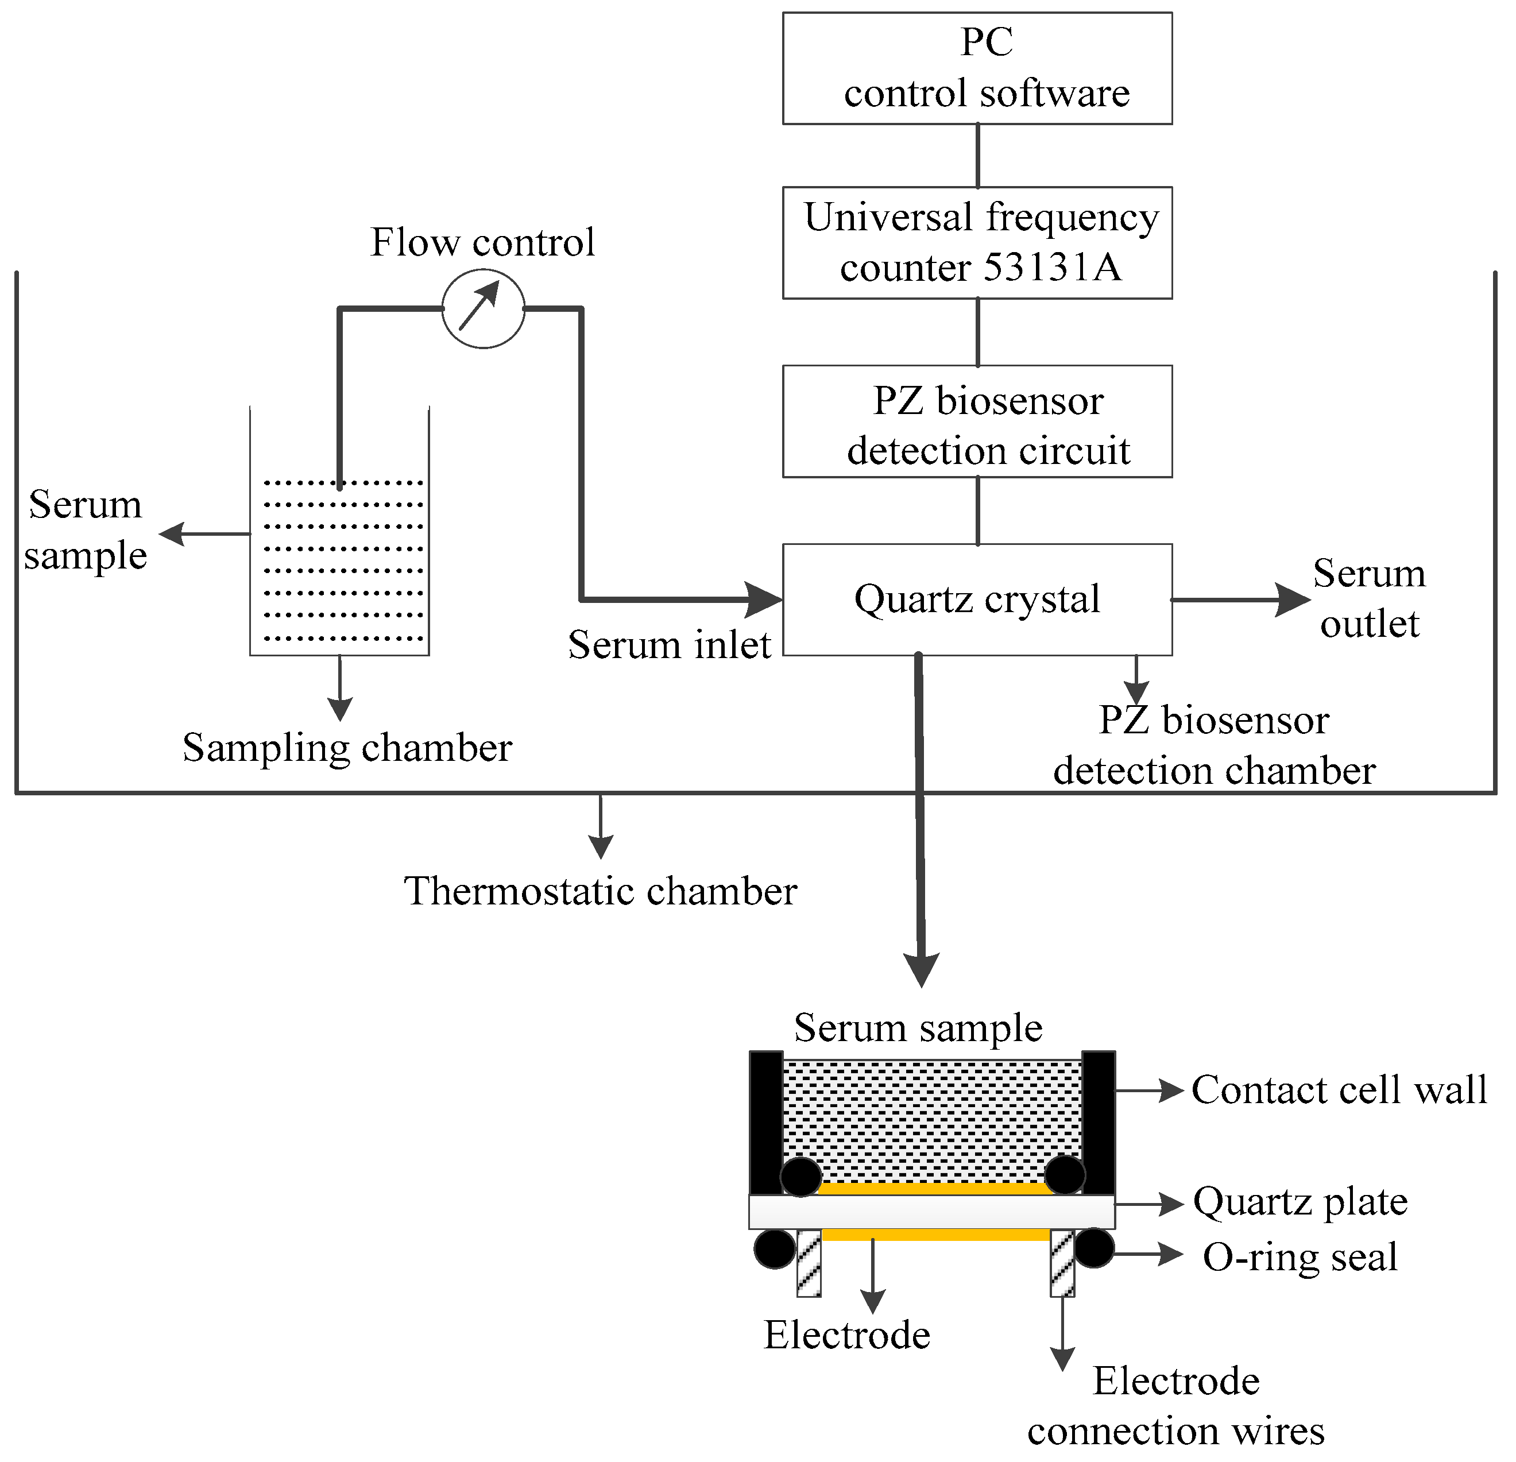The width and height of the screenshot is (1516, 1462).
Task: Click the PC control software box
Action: click(x=977, y=68)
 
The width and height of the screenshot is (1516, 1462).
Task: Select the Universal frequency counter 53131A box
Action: click(x=977, y=242)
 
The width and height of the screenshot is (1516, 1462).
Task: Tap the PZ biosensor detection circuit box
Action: click(x=977, y=421)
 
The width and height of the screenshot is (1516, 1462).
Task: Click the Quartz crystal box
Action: click(x=977, y=600)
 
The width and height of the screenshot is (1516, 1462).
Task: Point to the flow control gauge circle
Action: click(x=484, y=308)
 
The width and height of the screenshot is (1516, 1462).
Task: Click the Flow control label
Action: click(x=482, y=242)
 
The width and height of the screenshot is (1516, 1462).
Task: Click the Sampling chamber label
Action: click(x=347, y=748)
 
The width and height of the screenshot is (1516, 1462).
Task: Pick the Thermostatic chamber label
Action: click(x=600, y=891)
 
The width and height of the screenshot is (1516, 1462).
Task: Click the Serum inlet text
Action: click(x=669, y=644)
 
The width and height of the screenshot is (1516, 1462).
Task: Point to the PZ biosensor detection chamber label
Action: click(x=1215, y=745)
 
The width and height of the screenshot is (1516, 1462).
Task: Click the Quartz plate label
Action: click(x=1300, y=1202)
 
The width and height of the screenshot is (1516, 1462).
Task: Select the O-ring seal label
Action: click(x=1300, y=1257)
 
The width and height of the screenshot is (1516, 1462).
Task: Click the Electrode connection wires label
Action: click(x=1175, y=1406)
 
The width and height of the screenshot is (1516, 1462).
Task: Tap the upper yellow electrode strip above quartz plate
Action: click(x=932, y=1189)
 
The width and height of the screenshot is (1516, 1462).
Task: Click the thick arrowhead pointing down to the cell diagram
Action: click(x=921, y=971)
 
